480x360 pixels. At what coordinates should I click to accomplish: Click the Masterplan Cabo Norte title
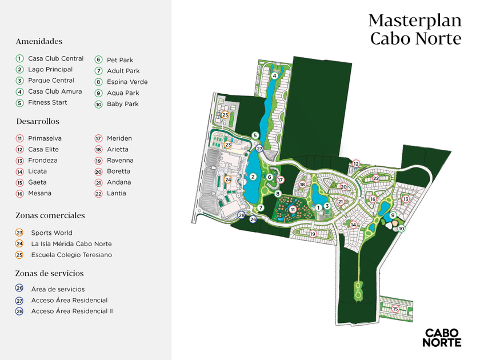(414, 29)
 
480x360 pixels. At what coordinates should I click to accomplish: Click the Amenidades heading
(39, 42)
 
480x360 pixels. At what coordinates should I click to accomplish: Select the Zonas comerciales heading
(50, 215)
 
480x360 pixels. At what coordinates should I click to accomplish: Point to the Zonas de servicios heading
(50, 273)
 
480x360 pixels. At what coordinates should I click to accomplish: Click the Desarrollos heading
(38, 122)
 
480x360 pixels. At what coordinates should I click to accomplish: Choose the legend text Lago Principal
(50, 69)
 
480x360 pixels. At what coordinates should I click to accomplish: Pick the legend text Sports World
(51, 233)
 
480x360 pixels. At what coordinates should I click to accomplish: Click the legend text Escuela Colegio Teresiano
(71, 255)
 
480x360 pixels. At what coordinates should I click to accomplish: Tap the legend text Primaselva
(45, 138)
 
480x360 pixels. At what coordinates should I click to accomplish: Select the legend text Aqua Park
(123, 93)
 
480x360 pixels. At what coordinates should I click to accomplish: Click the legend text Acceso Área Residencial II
(72, 311)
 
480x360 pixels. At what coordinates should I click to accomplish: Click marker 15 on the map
(395, 309)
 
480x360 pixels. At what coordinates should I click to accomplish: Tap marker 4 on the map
(275, 75)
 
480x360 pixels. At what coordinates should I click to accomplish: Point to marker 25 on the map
(225, 115)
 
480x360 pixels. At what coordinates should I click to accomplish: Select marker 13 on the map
(406, 199)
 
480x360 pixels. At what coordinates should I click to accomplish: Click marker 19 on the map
(313, 234)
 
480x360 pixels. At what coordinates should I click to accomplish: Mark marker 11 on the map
(292, 210)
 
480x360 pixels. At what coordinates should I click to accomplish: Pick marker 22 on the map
(376, 179)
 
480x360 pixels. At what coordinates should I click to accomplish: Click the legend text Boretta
(118, 171)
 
